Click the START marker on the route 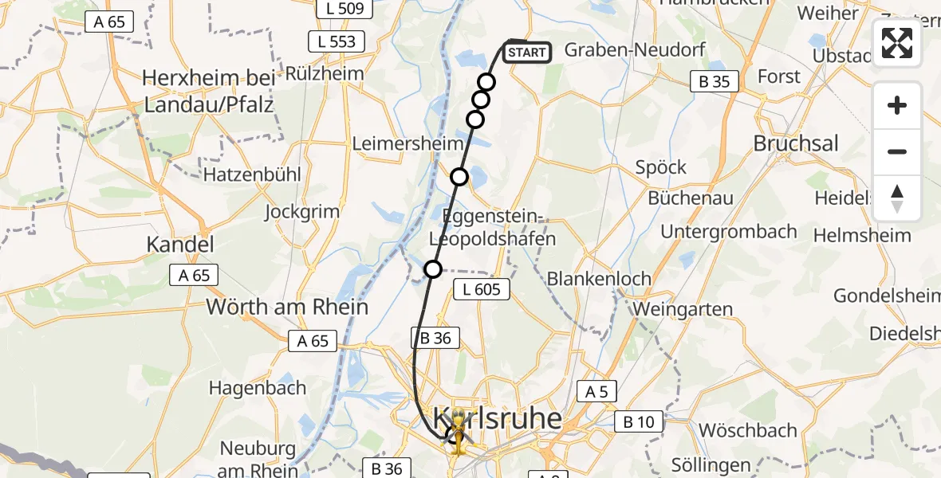(527, 53)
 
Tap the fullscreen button (897, 43)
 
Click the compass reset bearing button (897, 198)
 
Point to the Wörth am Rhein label (287, 307)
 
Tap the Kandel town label (179, 244)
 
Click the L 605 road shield (482, 289)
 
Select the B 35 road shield (714, 81)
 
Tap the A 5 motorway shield (597, 391)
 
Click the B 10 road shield (639, 422)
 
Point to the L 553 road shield (337, 41)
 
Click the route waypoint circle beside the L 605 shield (433, 269)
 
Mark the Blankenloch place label (599, 279)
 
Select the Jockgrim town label (302, 212)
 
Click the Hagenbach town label (258, 388)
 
